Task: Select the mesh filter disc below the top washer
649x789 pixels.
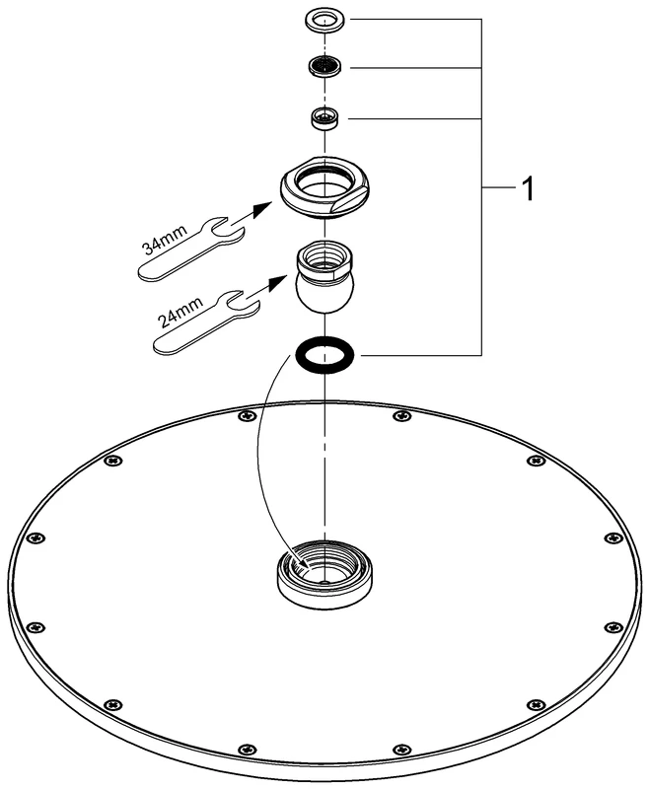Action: pyautogui.click(x=324, y=67)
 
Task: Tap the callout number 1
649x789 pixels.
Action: pyautogui.click(x=529, y=188)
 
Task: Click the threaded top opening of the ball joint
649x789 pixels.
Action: pyautogui.click(x=324, y=254)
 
